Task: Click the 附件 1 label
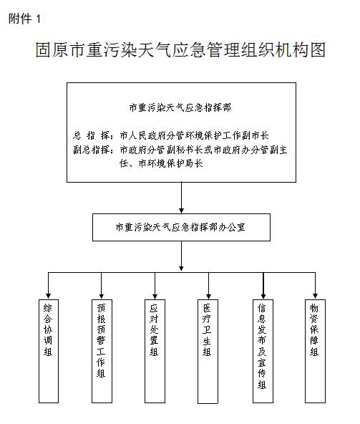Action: pyautogui.click(x=24, y=19)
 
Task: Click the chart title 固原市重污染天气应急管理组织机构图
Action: pyautogui.click(x=180, y=49)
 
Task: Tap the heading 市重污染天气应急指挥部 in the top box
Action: pyautogui.click(x=180, y=107)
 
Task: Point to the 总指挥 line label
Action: pyautogui.click(x=92, y=135)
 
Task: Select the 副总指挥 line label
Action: pyautogui.click(x=92, y=150)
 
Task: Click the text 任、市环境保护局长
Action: pyautogui.click(x=161, y=163)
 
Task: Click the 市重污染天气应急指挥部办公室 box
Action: pyautogui.click(x=181, y=228)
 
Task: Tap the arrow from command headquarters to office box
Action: pyautogui.click(x=181, y=198)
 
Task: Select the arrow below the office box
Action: pyautogui.click(x=181, y=256)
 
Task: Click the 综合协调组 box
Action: pyautogui.click(x=49, y=351)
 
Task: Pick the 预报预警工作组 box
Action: pyautogui.click(x=102, y=351)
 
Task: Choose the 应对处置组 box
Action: pyautogui.click(x=155, y=351)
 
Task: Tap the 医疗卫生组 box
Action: pyautogui.click(x=208, y=352)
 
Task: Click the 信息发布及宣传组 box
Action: pyautogui.click(x=263, y=351)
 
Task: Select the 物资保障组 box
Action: pyautogui.click(x=315, y=351)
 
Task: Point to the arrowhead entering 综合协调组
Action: pyautogui.click(x=49, y=296)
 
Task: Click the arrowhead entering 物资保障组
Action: pyautogui.click(x=315, y=296)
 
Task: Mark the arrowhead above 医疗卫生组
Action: pyautogui.click(x=208, y=296)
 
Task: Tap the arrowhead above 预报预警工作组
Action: pyautogui.click(x=102, y=296)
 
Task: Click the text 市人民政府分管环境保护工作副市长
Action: pyautogui.click(x=194, y=135)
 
